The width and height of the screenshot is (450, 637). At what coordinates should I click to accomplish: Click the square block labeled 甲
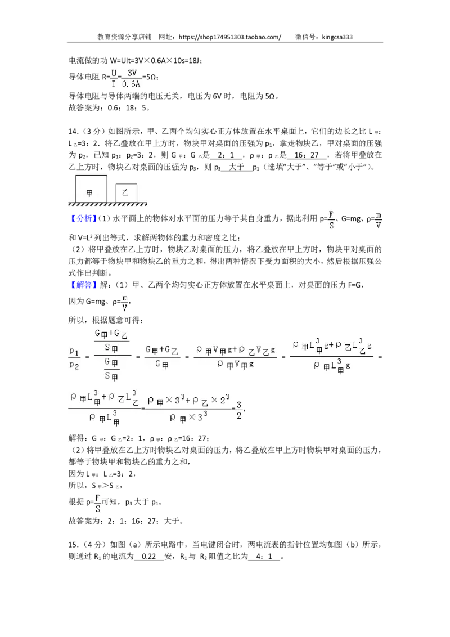point(91,189)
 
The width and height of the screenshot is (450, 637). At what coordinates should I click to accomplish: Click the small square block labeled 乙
point(127,193)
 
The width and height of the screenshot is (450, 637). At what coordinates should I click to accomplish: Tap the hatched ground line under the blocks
point(107,204)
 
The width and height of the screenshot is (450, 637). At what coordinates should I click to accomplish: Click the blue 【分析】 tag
point(82,218)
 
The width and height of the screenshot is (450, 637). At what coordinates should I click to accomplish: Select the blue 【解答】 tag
point(82,285)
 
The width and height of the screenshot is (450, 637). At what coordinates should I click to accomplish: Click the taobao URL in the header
point(230,37)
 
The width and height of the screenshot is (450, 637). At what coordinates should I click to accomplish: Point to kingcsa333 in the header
point(337,37)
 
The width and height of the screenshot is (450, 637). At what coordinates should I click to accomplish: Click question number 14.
point(73,131)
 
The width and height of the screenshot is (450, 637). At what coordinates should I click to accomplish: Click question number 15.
point(73,545)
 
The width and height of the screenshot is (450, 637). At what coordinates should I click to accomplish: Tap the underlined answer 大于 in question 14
point(236,167)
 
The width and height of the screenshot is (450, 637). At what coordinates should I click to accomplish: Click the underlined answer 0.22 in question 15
point(149,557)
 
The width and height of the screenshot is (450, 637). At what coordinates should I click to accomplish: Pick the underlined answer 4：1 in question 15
point(264,557)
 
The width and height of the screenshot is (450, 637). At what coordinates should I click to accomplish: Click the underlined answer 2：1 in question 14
point(226,155)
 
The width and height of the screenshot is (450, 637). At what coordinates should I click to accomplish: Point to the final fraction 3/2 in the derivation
point(239,410)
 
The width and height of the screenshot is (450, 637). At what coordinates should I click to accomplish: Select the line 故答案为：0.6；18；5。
point(110,107)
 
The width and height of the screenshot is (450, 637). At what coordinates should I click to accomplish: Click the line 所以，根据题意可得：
point(106,320)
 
